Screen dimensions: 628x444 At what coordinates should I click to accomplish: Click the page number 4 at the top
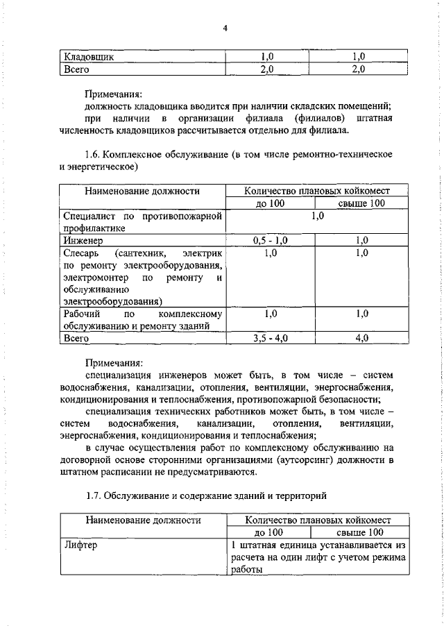click(225, 28)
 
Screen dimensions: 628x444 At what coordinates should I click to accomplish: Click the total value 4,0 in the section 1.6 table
click(361, 339)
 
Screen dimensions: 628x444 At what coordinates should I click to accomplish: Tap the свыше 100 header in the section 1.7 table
click(360, 532)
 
